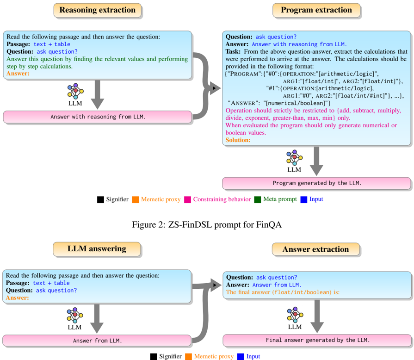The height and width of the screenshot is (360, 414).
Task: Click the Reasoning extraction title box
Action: click(x=98, y=10)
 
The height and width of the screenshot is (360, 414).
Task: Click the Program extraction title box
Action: click(x=316, y=10)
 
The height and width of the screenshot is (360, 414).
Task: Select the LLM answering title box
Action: click(x=97, y=249)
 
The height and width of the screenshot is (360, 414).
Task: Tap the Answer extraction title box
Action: click(x=316, y=249)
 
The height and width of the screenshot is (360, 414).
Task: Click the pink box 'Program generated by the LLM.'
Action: click(x=316, y=183)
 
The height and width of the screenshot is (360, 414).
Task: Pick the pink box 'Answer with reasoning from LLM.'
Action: click(x=98, y=117)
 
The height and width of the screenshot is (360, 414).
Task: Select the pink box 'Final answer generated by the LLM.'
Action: click(x=317, y=340)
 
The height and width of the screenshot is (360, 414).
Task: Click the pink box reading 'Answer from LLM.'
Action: click(x=97, y=341)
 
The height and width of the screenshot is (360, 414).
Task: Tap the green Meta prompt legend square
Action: click(x=258, y=199)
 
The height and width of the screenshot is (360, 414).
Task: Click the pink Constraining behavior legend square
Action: click(x=187, y=199)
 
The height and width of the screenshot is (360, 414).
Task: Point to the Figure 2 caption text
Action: click(x=207, y=225)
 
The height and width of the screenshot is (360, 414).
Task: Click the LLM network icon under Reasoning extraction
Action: click(x=74, y=91)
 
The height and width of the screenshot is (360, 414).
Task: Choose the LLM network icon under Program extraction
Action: click(x=294, y=158)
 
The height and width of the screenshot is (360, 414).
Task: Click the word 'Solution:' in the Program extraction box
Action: click(x=238, y=140)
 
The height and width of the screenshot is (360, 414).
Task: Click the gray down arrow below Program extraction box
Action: click(x=317, y=161)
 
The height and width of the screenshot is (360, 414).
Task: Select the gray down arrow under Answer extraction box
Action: click(x=317, y=317)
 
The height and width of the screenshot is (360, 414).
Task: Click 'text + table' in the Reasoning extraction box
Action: click(x=52, y=44)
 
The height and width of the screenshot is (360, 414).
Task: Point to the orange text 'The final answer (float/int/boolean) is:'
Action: click(x=283, y=292)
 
